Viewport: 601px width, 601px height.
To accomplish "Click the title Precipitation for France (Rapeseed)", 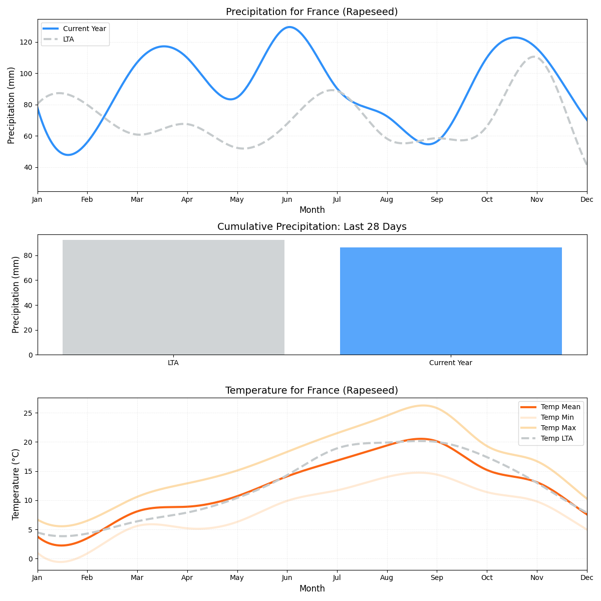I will click(312, 12).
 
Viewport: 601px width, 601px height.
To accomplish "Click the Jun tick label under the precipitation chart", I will click(287, 200).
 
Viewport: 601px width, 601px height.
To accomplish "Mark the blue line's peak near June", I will click(289, 27).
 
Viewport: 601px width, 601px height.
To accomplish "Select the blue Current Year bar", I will click(451, 300).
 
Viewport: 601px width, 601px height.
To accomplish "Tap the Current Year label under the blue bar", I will click(451, 363).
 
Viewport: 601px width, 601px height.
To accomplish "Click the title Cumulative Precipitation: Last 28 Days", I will click(312, 227).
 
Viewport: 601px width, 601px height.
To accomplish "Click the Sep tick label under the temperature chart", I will click(437, 578).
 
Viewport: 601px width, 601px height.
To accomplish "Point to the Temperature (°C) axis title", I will click(16, 484).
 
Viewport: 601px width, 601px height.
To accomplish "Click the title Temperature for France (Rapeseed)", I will click(312, 391).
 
